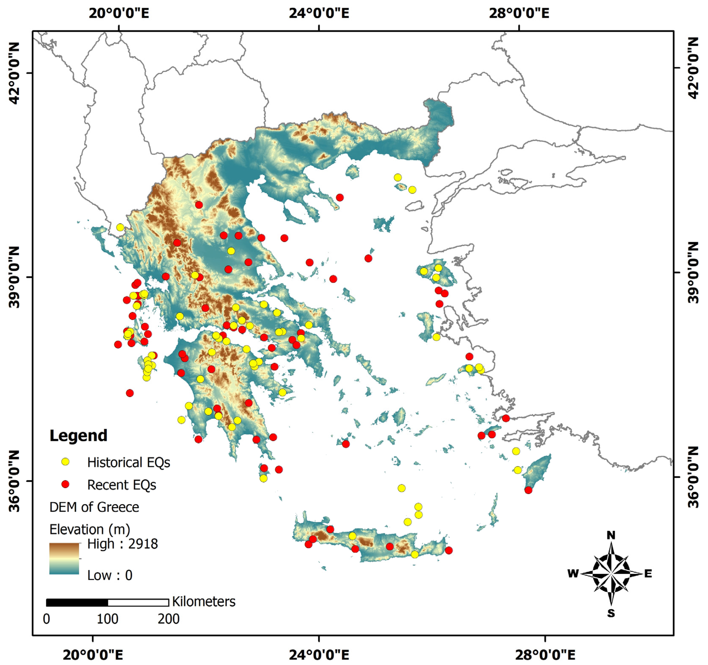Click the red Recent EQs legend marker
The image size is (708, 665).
tap(65, 484)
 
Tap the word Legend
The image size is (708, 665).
tap(78, 436)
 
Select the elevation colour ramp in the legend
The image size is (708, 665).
tap(64, 558)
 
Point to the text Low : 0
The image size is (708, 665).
tap(110, 575)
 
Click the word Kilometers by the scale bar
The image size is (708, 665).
tap(204, 602)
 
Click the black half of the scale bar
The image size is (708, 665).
tap(77, 602)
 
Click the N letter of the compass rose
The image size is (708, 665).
tap(611, 535)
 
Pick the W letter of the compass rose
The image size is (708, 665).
tap(573, 573)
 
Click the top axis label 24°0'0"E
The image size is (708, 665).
tap(319, 14)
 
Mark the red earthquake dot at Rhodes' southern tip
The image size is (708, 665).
tap(528, 490)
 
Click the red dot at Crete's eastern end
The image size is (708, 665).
tap(449, 550)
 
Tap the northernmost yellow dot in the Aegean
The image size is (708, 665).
tap(398, 177)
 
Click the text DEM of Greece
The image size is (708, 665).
tap(94, 507)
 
